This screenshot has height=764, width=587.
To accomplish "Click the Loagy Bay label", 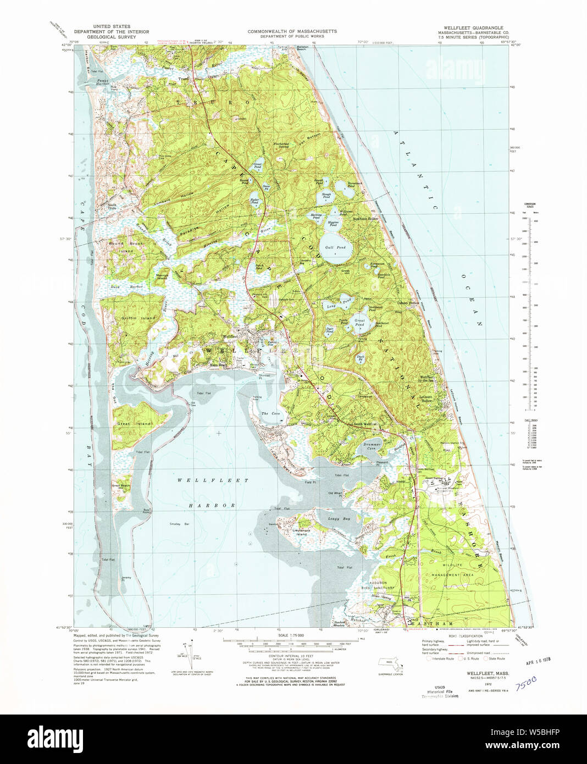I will (x=339, y=518).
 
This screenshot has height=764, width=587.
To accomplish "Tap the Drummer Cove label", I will (x=372, y=446).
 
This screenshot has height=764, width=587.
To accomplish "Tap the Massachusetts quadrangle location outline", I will (x=390, y=663).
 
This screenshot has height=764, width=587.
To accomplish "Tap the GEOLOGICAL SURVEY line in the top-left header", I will (x=112, y=37).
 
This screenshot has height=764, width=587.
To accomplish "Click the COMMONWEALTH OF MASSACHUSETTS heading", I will (x=292, y=31).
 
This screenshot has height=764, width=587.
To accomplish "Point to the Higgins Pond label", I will (x=336, y=224).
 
